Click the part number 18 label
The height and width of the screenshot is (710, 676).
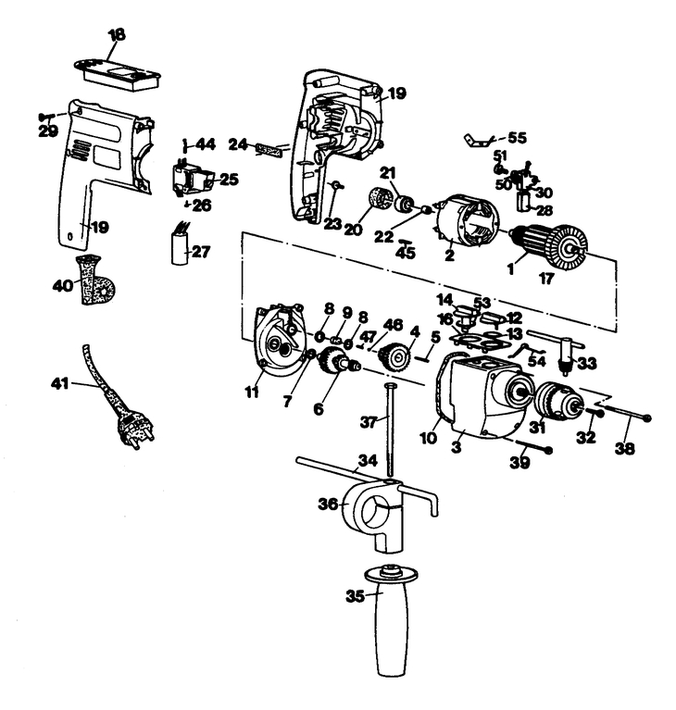tap(117, 35)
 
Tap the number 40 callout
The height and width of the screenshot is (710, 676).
tap(63, 286)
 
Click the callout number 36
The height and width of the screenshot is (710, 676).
tap(329, 504)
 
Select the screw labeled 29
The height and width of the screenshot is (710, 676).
tap(46, 117)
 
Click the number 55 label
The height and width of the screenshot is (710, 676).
tap(517, 137)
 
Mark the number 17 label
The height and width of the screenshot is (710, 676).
tap(546, 279)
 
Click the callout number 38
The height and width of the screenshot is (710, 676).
tap(625, 448)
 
